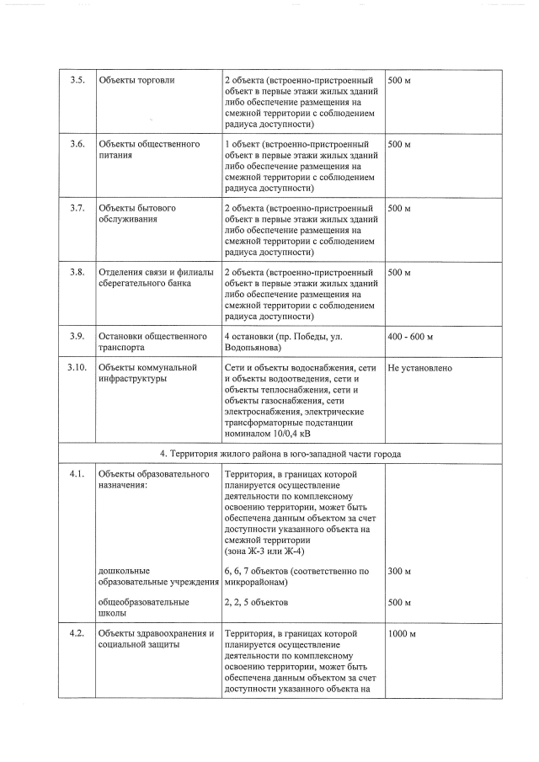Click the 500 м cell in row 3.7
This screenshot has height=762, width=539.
click(x=399, y=209)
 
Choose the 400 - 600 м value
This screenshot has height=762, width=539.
click(x=410, y=338)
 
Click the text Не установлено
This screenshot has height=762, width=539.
click(x=420, y=369)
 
